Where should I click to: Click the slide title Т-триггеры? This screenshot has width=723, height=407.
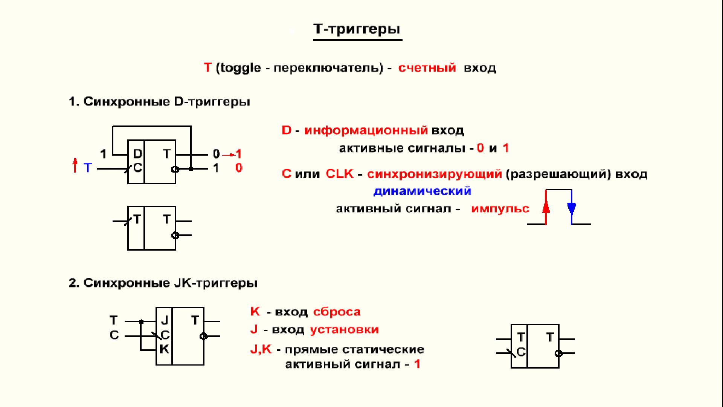pos(357,29)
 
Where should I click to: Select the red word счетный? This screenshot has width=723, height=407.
pos(427,68)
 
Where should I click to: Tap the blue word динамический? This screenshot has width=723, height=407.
pos(422,191)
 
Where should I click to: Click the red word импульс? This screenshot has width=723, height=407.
pos(500,208)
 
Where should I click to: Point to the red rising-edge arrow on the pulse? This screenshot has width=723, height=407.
pos(546,208)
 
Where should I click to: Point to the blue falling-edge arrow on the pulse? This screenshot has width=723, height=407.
pos(571,208)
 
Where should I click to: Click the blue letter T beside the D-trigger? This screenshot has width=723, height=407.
pos(88,167)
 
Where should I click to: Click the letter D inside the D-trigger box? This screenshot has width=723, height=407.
pos(137,154)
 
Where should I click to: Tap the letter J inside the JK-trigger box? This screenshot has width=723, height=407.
pos(165,320)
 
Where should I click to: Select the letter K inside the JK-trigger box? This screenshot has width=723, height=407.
pos(164,349)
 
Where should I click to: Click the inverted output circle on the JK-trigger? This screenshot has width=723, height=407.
pos(203,336)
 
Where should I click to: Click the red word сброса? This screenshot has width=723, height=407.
pos(337,312)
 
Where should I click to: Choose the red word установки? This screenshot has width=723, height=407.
pos(344,330)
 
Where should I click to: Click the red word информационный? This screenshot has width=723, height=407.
pos(366,130)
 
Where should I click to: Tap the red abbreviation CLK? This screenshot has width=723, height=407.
pos(340,174)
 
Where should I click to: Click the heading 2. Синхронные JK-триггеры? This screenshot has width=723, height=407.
pos(163,283)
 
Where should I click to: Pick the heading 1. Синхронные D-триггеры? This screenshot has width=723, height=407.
pos(159,102)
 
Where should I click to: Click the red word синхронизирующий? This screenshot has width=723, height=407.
pos(435,174)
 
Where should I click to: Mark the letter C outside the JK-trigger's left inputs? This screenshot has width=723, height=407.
pos(114,335)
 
